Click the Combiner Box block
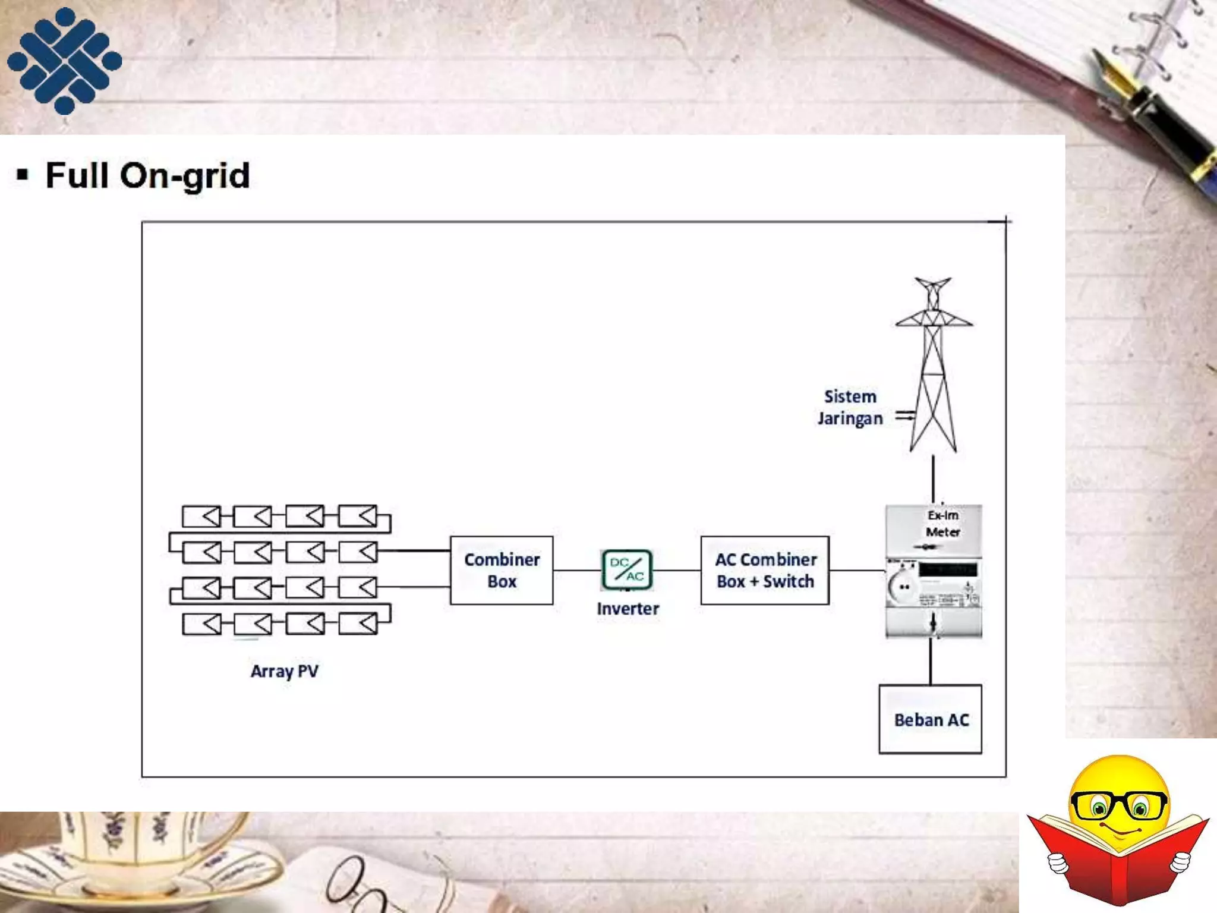coord(502,570)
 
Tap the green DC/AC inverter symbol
coord(627,569)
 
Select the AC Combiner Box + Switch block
coord(765,570)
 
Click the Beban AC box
coord(930,719)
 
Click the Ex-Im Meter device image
coord(934,571)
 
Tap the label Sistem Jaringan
coord(850,408)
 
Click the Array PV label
coord(285,671)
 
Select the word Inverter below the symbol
coord(628,609)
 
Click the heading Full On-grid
coord(147,176)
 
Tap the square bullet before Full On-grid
coord(23,175)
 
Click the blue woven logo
coord(64,61)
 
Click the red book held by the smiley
coord(1117,862)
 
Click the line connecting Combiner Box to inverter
coord(576,570)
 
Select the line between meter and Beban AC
coord(931,661)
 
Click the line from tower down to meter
coord(933,479)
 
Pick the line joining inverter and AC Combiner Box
coord(676,570)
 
